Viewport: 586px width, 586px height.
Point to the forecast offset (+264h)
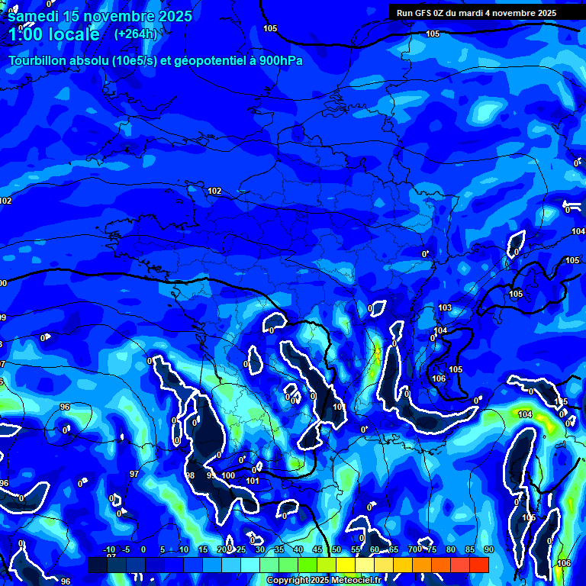pyautogui.click(x=135, y=34)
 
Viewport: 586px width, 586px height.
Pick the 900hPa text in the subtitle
pyautogui.click(x=281, y=60)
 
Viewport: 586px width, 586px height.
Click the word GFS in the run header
pyautogui.click(x=430, y=13)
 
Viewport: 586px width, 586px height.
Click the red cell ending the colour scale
pyautogui.click(x=478, y=565)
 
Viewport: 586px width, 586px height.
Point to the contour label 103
pyautogui.click(x=445, y=308)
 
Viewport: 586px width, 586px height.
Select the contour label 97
pyautogui.click(x=134, y=475)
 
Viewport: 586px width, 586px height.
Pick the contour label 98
pyautogui.click(x=191, y=475)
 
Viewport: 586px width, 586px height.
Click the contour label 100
pyautogui.click(x=229, y=476)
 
